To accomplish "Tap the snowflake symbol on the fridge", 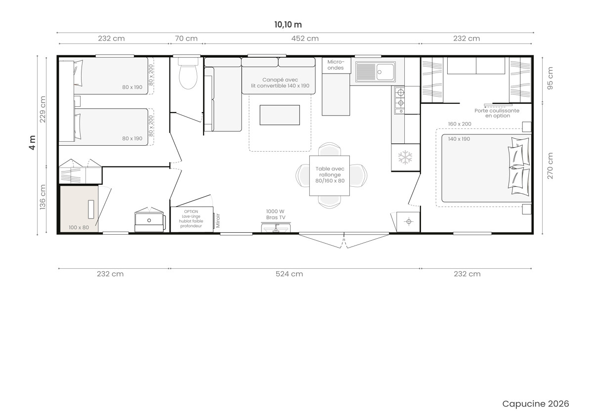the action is point(405,158).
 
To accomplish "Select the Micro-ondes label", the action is point(336,65).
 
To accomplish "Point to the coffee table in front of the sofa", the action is point(280,115).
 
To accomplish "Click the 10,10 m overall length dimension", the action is point(288,25).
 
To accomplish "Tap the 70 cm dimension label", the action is point(186,39).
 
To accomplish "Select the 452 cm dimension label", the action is point(305,39).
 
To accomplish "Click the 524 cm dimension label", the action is point(289,274).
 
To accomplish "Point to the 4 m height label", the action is point(32,143).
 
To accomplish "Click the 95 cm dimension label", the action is point(550,78).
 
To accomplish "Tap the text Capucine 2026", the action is point(536,404).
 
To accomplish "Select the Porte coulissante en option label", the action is point(497,113).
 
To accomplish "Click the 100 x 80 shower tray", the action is point(79,209).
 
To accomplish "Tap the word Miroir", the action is point(218,220).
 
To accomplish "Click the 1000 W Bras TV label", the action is point(276,214).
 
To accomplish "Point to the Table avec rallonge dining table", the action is point(330,175).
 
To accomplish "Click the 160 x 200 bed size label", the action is point(460,124).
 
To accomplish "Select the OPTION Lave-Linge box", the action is point(192,219).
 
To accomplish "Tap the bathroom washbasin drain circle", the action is point(149,220).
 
